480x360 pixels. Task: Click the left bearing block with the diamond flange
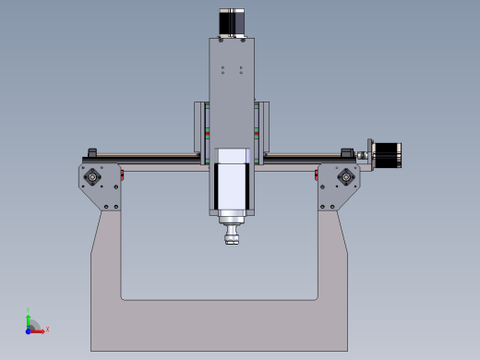click(x=93, y=175)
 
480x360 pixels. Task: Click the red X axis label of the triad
click(x=47, y=329)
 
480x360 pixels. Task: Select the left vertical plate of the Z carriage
click(x=198, y=129)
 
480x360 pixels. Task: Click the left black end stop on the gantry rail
click(x=91, y=152)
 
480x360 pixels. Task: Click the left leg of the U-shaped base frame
click(x=106, y=277)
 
